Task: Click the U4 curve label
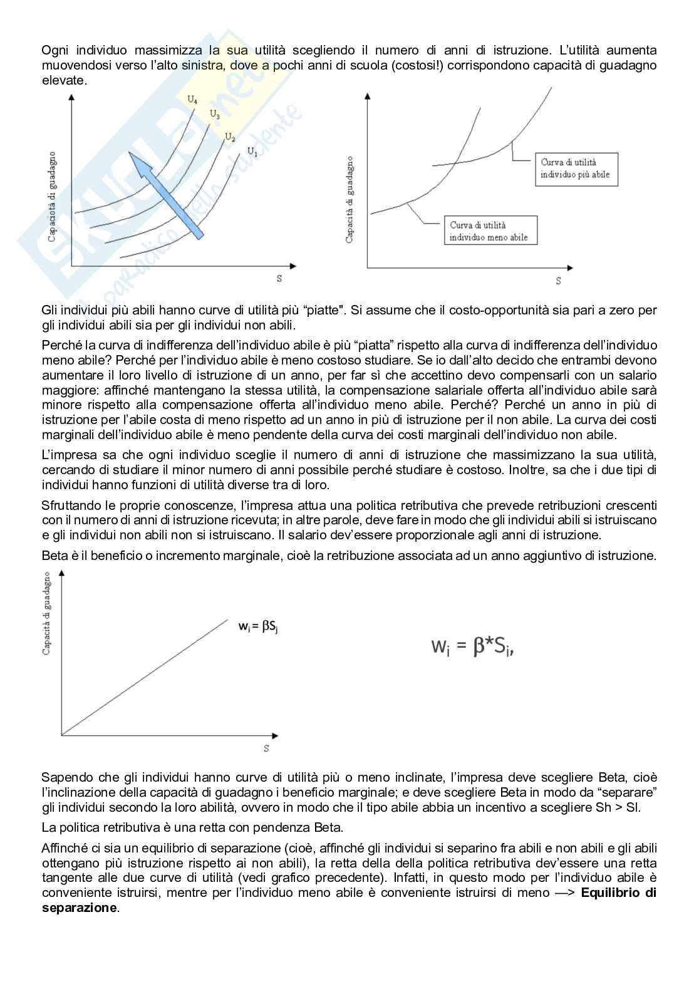[x=192, y=99]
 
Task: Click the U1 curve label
[x=252, y=151]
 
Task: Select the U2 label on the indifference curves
[x=230, y=137]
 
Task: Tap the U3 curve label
[x=214, y=115]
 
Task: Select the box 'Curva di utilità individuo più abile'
[x=575, y=169]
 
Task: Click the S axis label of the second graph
[x=558, y=281]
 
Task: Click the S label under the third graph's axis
[x=266, y=748]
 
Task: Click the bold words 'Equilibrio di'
[x=618, y=893]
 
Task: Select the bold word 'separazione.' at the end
[x=80, y=908]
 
